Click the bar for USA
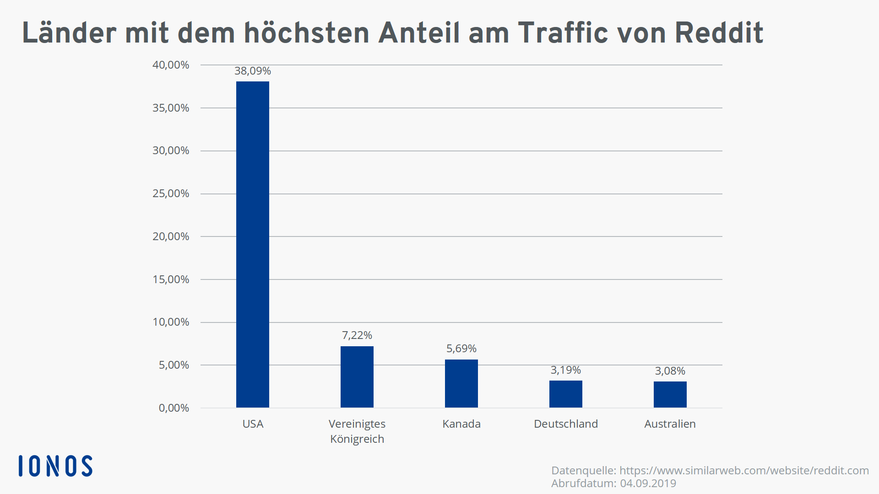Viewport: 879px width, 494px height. (x=253, y=245)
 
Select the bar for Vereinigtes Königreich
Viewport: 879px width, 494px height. (x=357, y=377)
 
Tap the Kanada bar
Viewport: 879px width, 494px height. (x=461, y=383)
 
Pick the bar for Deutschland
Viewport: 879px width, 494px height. (x=566, y=394)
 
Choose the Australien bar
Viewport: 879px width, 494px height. (x=670, y=394)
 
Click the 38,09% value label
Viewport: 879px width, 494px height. (x=253, y=71)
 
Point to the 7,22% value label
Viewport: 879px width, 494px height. (x=357, y=335)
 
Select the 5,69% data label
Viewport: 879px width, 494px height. (x=461, y=349)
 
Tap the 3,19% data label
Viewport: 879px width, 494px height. (x=566, y=370)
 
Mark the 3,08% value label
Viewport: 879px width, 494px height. (x=670, y=371)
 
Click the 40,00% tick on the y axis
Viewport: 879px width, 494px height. (x=171, y=65)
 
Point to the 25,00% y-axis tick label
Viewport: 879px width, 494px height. (x=171, y=193)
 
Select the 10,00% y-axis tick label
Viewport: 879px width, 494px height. (x=171, y=322)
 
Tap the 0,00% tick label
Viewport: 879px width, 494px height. (x=174, y=408)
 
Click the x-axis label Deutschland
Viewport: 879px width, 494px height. (x=566, y=424)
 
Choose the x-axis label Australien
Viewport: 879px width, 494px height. (x=670, y=424)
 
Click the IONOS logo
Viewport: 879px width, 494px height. (x=55, y=466)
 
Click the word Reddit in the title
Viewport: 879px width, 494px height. (x=719, y=33)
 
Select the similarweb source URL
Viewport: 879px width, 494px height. (x=744, y=471)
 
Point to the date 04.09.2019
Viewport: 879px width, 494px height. (x=648, y=483)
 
